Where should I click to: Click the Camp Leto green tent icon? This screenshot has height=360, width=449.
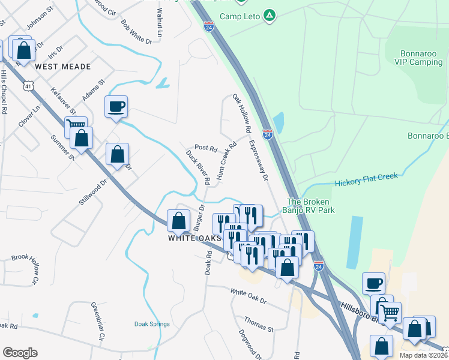click(270, 16)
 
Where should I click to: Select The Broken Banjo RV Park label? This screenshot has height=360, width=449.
click(310, 206)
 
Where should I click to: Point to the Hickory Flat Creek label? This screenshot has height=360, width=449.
click(366, 179)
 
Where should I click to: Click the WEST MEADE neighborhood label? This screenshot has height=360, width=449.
click(62, 66)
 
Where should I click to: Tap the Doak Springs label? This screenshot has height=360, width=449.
click(152, 324)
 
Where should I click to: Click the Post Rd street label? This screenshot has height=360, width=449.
click(205, 147)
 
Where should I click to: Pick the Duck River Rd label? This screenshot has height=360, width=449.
click(197, 167)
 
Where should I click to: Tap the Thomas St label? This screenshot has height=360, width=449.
click(259, 325)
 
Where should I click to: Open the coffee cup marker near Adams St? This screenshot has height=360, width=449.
click(116, 107)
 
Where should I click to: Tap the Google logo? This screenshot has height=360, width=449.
click(20, 353)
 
